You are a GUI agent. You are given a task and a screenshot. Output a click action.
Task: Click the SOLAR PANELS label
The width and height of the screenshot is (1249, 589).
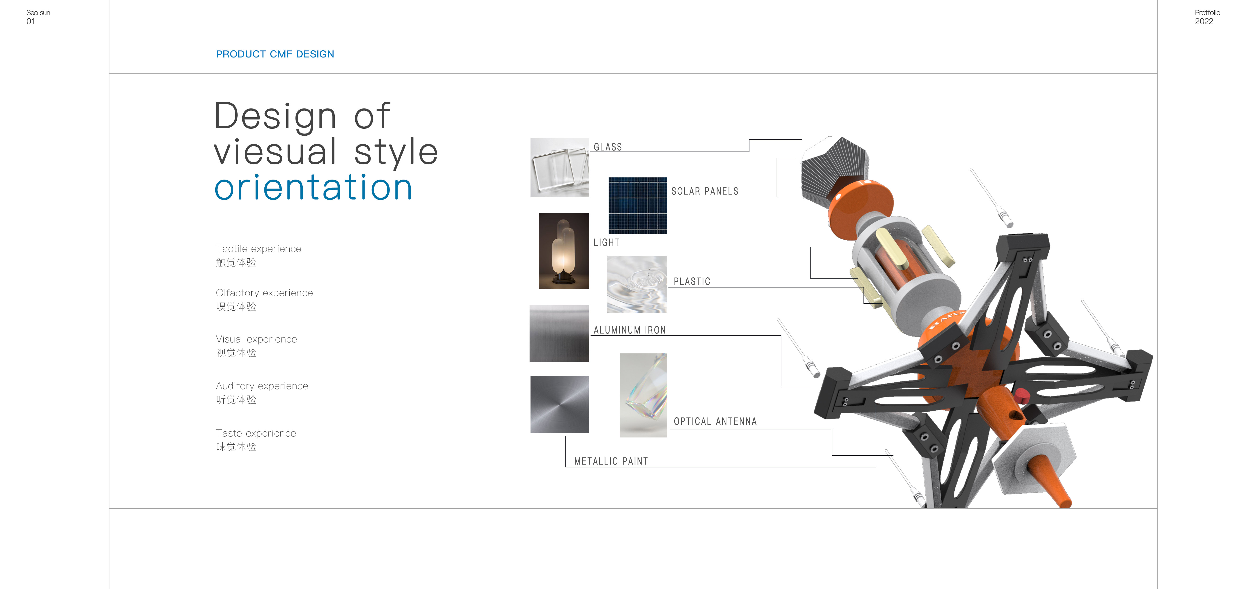pos(704,191)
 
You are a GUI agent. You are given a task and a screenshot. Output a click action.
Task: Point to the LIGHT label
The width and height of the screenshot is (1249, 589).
pos(606,242)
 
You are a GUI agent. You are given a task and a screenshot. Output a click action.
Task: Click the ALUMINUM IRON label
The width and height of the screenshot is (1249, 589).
pos(629,330)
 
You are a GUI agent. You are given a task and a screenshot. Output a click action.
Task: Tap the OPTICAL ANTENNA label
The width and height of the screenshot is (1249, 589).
pos(715,421)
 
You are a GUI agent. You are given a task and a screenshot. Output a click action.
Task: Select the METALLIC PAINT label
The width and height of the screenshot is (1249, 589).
pos(611,461)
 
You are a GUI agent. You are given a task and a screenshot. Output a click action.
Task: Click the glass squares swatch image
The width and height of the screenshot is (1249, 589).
pos(559,167)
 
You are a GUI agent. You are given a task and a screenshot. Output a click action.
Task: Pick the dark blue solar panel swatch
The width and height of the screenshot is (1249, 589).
pos(638,206)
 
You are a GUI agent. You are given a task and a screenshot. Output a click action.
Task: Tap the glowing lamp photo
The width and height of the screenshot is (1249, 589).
pos(564,251)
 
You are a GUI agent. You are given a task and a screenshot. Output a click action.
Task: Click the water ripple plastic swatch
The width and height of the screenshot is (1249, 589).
pos(637,284)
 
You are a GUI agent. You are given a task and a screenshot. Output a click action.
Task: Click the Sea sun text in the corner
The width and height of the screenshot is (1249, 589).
pos(38,13)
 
